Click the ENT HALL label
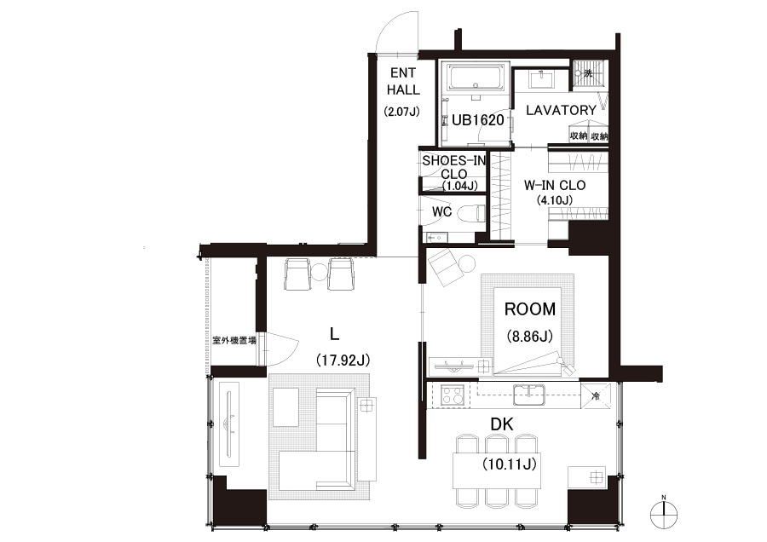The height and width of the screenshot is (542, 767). tap(403, 81)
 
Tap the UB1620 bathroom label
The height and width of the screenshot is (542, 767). tap(477, 120)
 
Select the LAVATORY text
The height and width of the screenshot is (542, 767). tap(561, 110)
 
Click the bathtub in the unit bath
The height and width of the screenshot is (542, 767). tap(476, 78)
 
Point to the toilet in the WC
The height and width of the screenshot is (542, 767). tap(474, 213)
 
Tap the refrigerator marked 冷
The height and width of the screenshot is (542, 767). tap(596, 395)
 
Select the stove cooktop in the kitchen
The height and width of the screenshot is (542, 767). tap(453, 395)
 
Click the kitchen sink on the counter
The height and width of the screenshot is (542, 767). tap(528, 395)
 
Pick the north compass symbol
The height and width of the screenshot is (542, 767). tap(664, 514)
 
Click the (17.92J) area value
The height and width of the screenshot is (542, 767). tap(343, 360)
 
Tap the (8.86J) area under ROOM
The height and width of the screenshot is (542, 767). tap(530, 336)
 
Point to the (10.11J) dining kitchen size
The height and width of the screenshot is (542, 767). tap(510, 464)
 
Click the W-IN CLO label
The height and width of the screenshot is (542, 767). tap(555, 186)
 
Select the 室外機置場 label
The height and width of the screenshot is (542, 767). tap(234, 341)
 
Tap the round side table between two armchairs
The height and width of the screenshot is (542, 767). tap(319, 272)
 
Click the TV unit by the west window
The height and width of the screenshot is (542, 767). tap(229, 424)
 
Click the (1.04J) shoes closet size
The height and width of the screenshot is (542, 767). tap(460, 186)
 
